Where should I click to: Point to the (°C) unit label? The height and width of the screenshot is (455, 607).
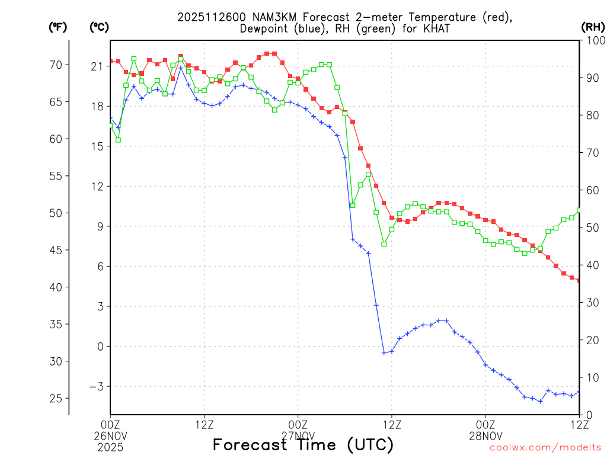tap(99, 27)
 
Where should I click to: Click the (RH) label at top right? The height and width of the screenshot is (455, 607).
tap(593, 27)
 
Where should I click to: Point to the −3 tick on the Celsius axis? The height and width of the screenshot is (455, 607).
tap(95, 386)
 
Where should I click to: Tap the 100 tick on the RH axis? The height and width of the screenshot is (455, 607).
tap(594, 40)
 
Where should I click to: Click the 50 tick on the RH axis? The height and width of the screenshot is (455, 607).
tap(591, 227)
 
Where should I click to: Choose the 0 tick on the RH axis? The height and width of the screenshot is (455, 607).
tap(587, 415)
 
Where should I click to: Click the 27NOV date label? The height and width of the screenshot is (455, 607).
tap(298, 435)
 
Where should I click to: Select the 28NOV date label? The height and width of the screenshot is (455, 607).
tap(485, 435)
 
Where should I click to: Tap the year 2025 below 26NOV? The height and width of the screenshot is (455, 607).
tap(110, 446)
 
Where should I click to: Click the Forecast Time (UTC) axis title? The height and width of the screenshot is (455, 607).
tap(303, 444)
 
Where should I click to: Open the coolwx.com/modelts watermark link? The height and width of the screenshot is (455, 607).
tap(545, 448)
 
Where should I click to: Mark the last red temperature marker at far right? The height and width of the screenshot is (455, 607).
tap(579, 280)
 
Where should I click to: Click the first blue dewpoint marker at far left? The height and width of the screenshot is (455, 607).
tap(111, 118)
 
